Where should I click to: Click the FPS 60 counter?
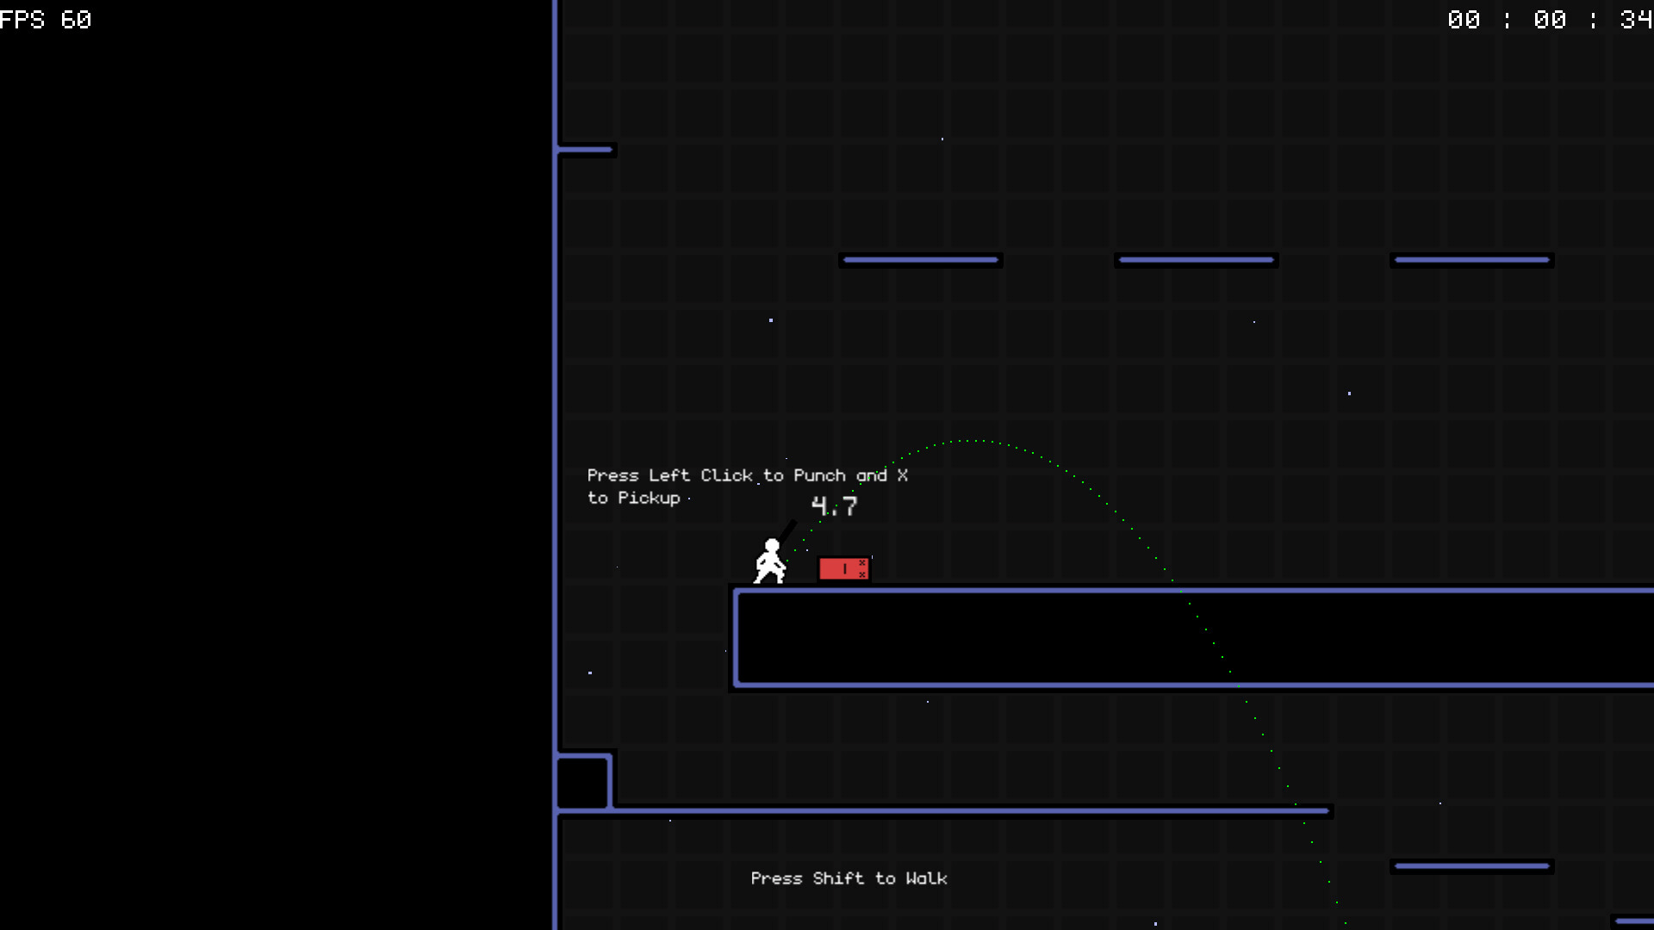click(x=46, y=19)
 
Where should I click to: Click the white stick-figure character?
click(x=770, y=561)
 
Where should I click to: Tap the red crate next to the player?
click(x=843, y=568)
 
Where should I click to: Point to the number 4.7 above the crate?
click(x=834, y=506)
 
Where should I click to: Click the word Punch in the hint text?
click(x=819, y=475)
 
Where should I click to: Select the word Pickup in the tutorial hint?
click(x=649, y=498)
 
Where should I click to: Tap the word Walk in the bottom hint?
click(x=926, y=878)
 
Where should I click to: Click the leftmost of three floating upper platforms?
click(x=921, y=260)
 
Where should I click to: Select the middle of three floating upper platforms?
click(x=1197, y=260)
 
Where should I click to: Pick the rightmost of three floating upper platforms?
click(x=1472, y=260)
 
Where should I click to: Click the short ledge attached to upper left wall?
click(x=587, y=150)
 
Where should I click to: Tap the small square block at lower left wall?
click(x=583, y=782)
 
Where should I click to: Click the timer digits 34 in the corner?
click(x=1636, y=19)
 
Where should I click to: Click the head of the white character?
click(x=772, y=546)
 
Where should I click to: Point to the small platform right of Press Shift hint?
click(x=1472, y=866)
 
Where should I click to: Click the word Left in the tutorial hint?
click(x=669, y=475)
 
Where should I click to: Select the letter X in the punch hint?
click(x=902, y=475)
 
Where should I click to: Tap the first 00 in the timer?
click(x=1464, y=19)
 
